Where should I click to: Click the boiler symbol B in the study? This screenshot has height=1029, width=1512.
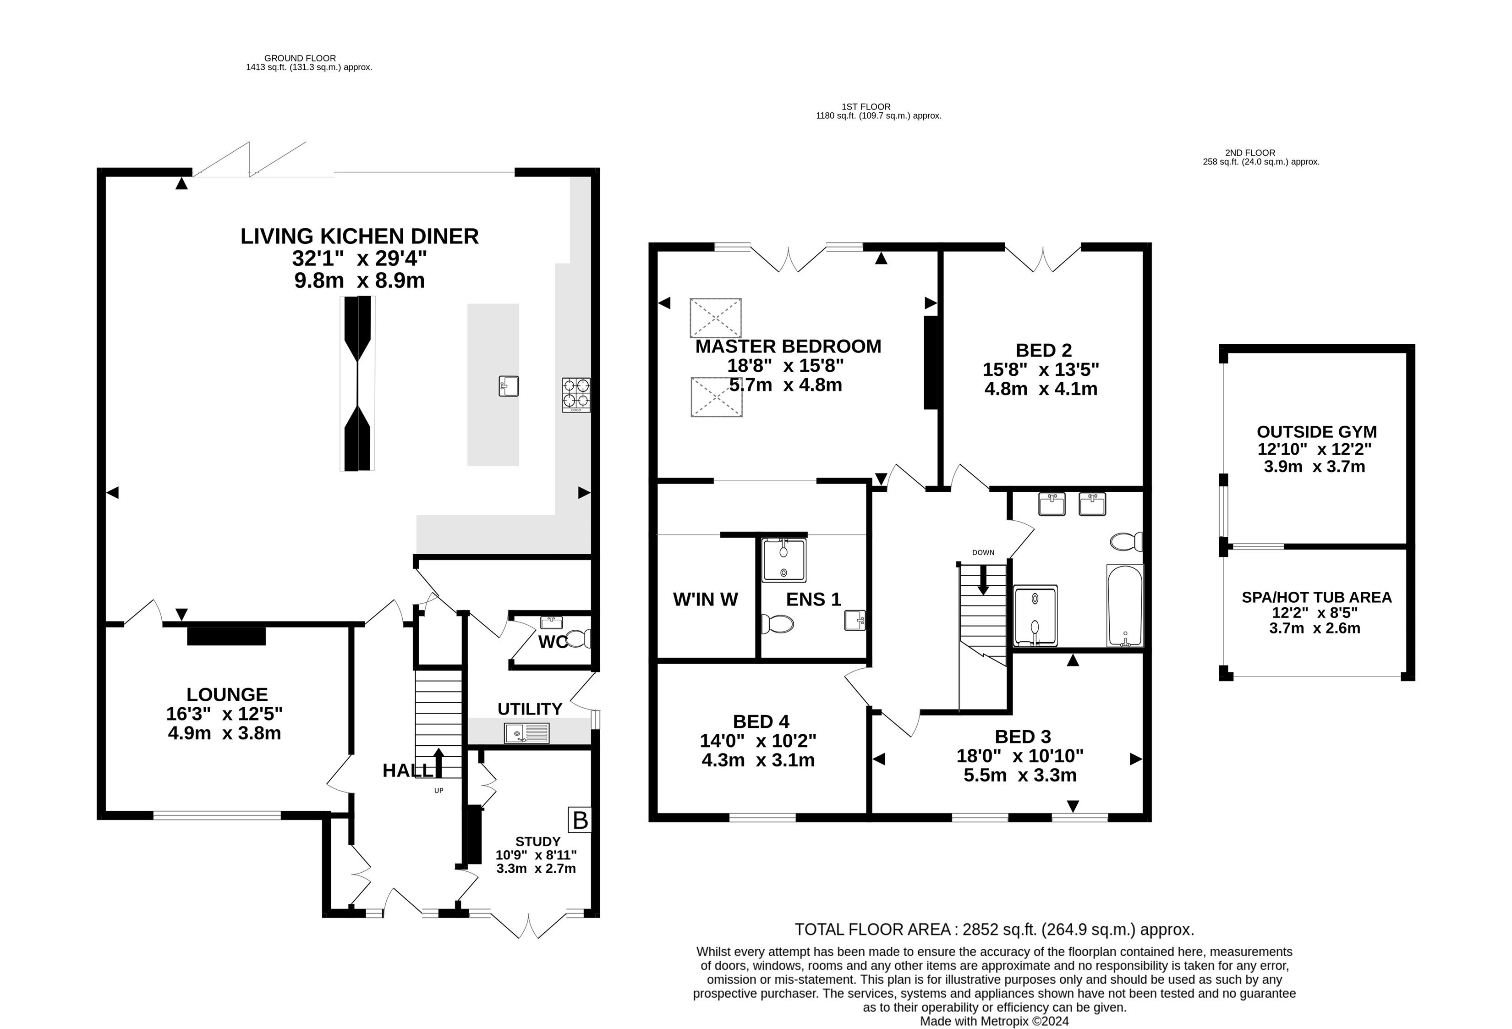[580, 820]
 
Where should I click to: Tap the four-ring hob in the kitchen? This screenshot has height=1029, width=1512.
[576, 395]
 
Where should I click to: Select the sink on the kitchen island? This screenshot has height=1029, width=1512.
[509, 386]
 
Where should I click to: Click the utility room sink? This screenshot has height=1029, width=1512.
[526, 733]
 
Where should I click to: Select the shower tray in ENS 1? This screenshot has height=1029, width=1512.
[784, 560]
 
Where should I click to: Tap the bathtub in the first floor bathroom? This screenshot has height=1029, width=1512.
[1125, 606]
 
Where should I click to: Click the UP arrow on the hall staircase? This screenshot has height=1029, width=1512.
[438, 763]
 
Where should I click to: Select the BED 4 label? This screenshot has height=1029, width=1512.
[761, 721]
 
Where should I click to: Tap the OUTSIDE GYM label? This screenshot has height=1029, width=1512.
[1317, 431]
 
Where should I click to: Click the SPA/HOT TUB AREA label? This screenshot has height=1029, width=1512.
[1317, 597]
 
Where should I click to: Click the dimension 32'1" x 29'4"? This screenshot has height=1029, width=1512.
[360, 259]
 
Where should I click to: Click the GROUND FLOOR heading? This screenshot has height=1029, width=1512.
[300, 58]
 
